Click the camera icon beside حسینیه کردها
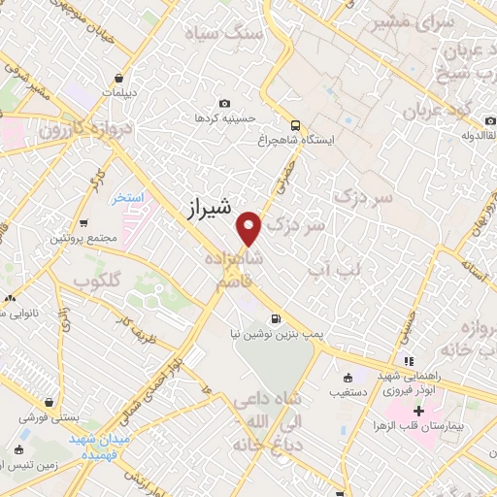[x=225, y=103]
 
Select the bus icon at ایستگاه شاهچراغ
[x=294, y=124]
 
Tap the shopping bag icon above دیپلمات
[x=118, y=79]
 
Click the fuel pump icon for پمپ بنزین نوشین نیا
[x=277, y=316]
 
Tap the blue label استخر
[x=126, y=197]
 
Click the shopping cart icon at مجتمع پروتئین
[x=84, y=222]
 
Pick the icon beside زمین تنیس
[x=19, y=449]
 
